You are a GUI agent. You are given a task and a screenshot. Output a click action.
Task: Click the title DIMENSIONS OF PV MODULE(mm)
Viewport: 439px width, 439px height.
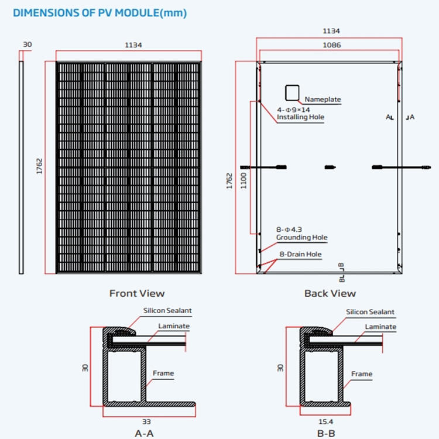pyautogui.click(x=97, y=13)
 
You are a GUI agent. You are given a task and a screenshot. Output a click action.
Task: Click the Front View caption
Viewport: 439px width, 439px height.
pyautogui.click(x=137, y=293)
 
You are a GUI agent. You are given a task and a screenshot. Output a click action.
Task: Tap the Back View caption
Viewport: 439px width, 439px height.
pyautogui.click(x=330, y=293)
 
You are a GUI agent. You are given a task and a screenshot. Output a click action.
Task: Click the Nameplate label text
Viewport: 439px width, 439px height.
pyautogui.click(x=323, y=100)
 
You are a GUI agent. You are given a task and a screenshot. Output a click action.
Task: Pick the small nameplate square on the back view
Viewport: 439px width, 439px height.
pyautogui.click(x=292, y=92)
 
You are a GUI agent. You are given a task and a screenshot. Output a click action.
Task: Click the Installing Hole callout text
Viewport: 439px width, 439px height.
pyautogui.click(x=300, y=117)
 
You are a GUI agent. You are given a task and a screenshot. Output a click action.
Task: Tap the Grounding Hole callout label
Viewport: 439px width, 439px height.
pyautogui.click(x=301, y=238)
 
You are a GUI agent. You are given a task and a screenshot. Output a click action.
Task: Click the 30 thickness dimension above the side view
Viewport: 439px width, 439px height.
pyautogui.click(x=27, y=44)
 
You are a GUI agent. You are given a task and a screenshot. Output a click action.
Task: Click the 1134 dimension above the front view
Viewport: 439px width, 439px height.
pyautogui.click(x=134, y=45)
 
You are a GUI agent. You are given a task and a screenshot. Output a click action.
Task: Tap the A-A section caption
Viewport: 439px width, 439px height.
pyautogui.click(x=144, y=434)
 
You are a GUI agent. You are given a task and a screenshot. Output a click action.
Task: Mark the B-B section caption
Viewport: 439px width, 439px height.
pyautogui.click(x=325, y=434)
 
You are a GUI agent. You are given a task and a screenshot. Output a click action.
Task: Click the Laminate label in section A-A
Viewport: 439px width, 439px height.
pyautogui.click(x=174, y=326)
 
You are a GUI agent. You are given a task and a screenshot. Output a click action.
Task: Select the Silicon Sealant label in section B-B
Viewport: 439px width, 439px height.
pyautogui.click(x=370, y=312)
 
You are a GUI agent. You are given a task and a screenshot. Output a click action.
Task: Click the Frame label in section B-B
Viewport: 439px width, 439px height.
pyautogui.click(x=362, y=373)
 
